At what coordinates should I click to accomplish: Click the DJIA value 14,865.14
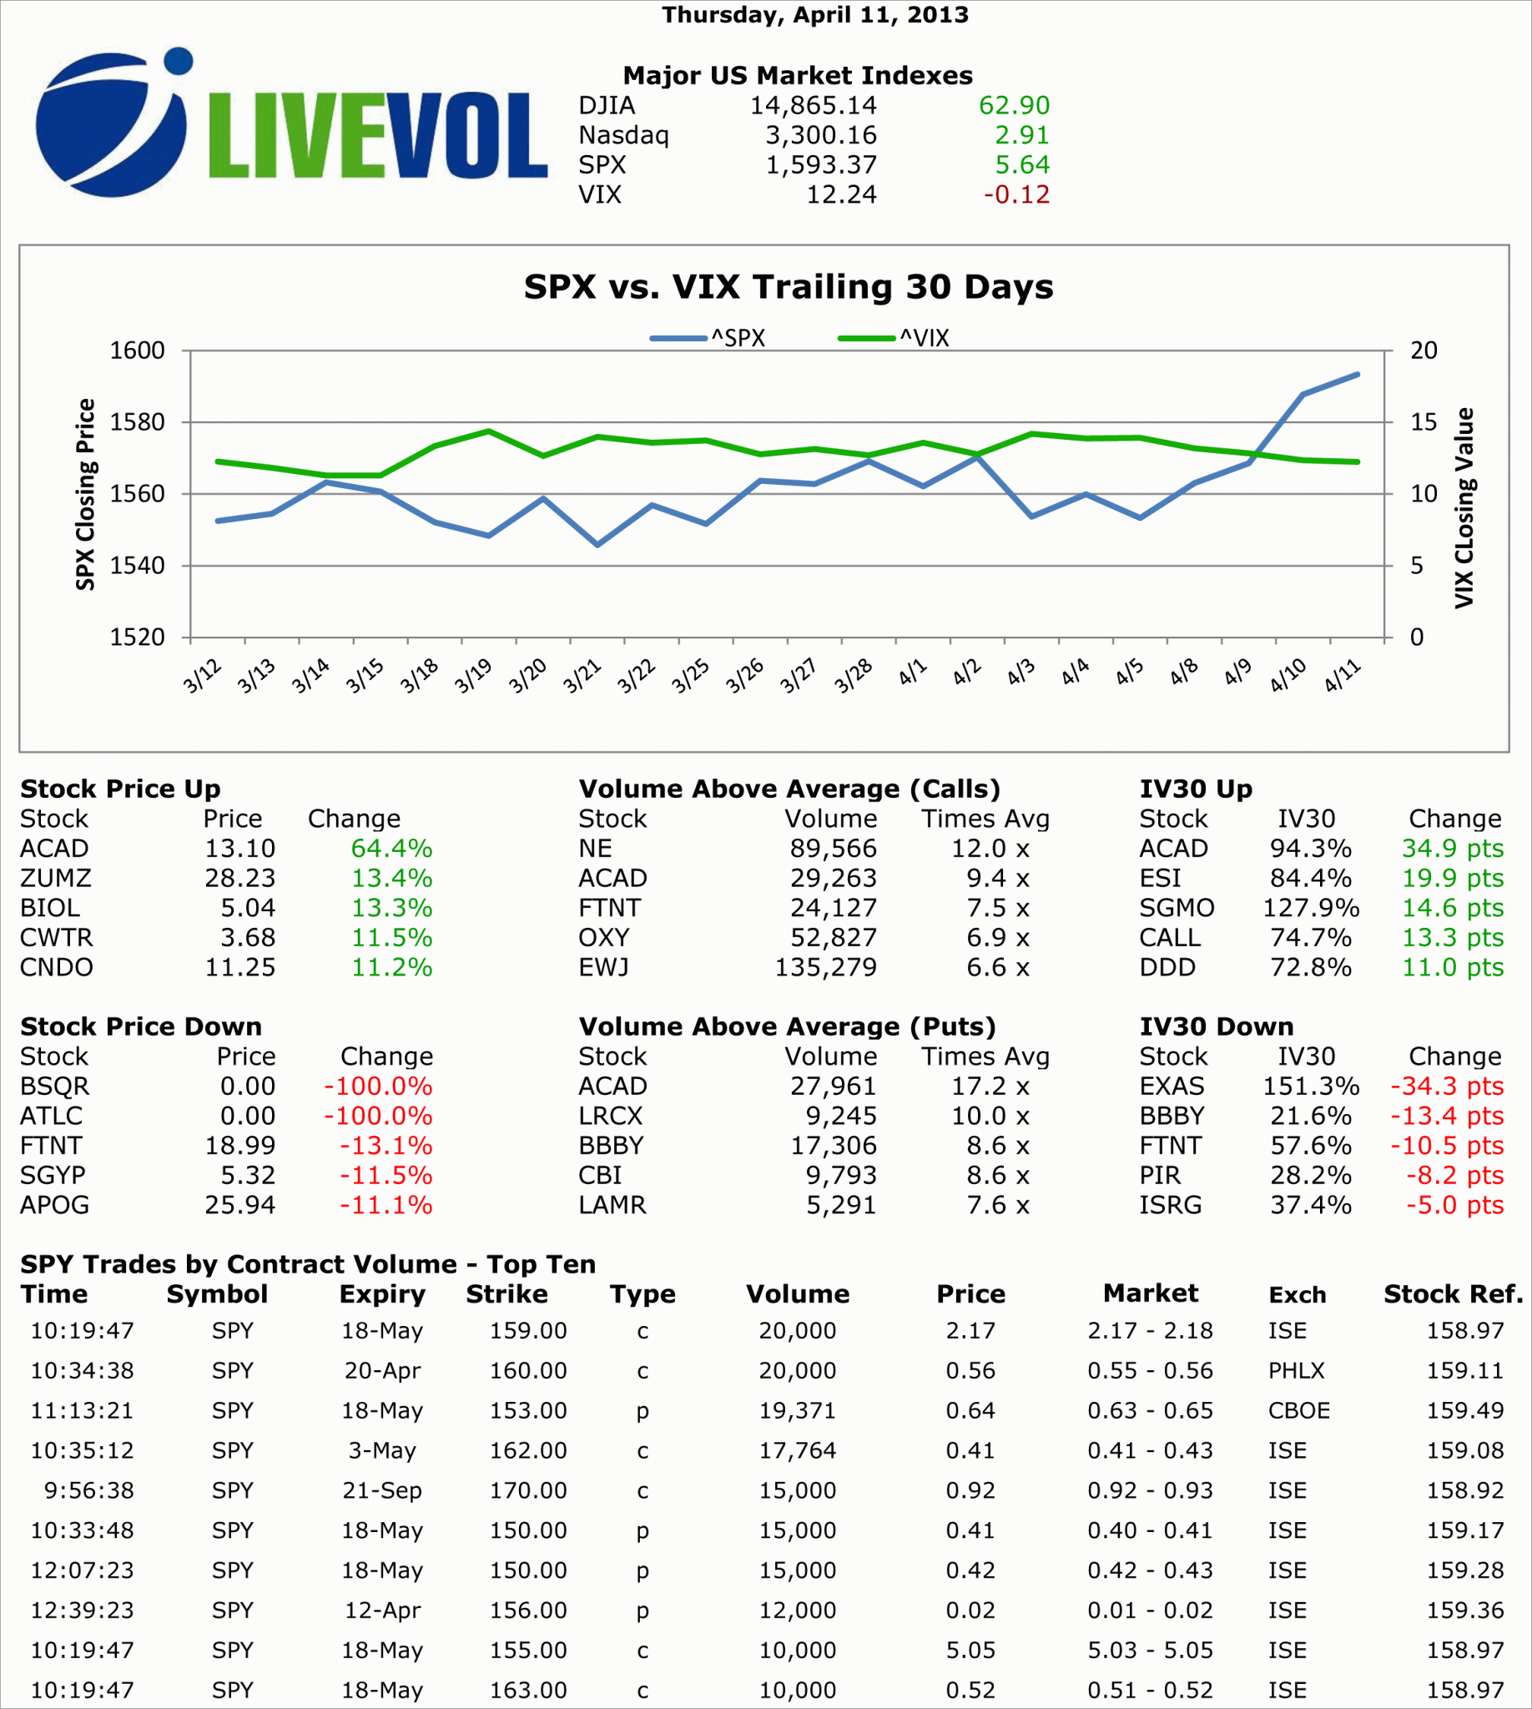click(x=812, y=105)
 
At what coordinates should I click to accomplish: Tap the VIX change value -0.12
click(x=1016, y=194)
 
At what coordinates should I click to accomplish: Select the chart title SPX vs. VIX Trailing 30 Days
click(x=788, y=287)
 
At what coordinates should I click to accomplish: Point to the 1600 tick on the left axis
click(x=137, y=350)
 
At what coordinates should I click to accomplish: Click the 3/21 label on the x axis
click(x=582, y=676)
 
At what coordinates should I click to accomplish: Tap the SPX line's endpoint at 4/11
click(x=1357, y=375)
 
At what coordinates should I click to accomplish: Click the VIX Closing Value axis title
click(x=1464, y=507)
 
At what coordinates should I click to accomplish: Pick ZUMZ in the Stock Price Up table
click(x=56, y=878)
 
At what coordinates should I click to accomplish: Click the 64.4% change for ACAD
click(x=391, y=849)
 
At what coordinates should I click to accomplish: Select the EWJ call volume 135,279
click(x=825, y=967)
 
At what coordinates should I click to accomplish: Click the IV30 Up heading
click(x=1195, y=789)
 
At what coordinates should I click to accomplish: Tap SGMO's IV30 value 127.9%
click(x=1310, y=908)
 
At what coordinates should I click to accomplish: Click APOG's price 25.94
click(x=240, y=1205)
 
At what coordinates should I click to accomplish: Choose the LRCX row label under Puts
click(x=610, y=1116)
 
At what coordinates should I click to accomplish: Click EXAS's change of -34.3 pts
click(x=1446, y=1086)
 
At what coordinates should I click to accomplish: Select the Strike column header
click(x=506, y=1293)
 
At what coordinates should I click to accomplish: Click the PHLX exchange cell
click(x=1296, y=1370)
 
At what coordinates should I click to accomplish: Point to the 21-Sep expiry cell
click(x=381, y=1490)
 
